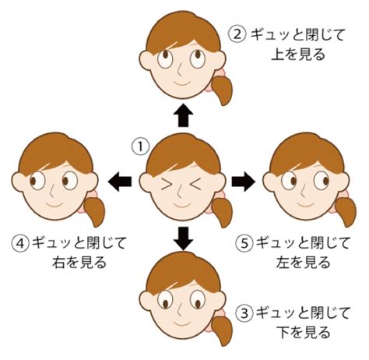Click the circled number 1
tap(140, 146)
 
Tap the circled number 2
tap(237, 34)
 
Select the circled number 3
tap(244, 313)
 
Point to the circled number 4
tap(20, 243)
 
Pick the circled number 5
tap(244, 243)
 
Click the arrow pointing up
tap(184, 115)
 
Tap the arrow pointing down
tap(184, 238)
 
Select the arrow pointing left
tap(120, 182)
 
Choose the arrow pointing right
tap(244, 182)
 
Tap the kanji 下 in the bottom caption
tap(285, 333)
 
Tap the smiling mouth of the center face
tap(182, 205)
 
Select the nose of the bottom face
tap(181, 310)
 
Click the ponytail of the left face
tap(94, 211)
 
